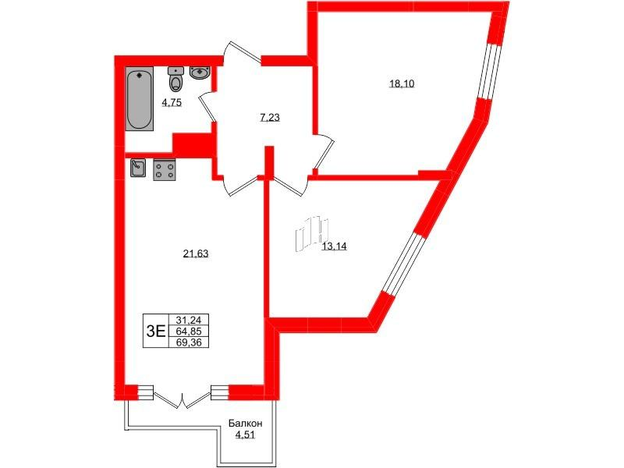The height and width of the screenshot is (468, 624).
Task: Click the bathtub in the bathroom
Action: point(140,99)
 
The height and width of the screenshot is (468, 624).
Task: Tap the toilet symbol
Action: point(175,79)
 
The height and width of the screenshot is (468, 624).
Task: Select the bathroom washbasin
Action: point(200,73)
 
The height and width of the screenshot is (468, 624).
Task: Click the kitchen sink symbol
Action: point(138,168)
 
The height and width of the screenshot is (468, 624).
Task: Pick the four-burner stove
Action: point(165,170)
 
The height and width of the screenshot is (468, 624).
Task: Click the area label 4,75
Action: point(172,103)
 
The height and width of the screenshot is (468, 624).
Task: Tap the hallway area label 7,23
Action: point(269,118)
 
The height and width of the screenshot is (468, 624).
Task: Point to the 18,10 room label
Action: point(402,83)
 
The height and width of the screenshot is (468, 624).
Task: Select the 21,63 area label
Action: point(196,253)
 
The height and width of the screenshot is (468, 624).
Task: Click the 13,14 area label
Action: point(335,246)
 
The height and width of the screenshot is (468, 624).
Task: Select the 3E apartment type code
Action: point(155,331)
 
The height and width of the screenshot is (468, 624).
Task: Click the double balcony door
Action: point(182,399)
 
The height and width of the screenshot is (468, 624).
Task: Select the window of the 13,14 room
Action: point(404,264)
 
